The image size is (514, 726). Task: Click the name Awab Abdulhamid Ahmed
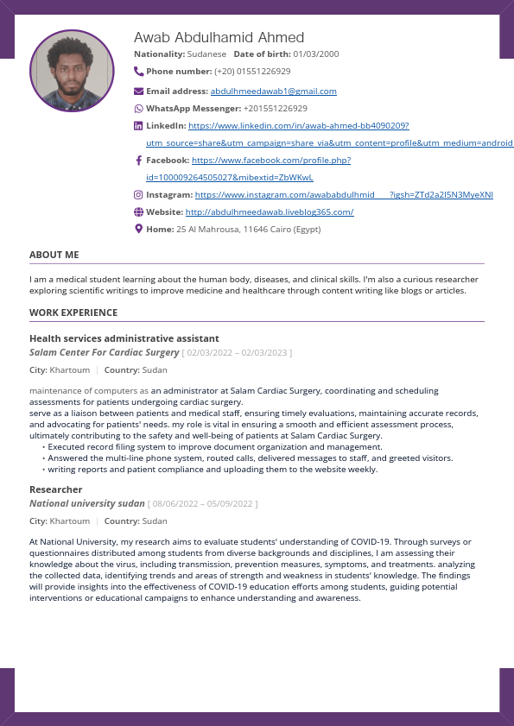219,37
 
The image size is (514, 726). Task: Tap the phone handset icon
139,71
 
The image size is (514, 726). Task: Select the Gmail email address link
273,91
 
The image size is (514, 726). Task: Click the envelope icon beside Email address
139,91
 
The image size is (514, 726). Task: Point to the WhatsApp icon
139,109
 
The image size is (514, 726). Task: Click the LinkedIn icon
139,126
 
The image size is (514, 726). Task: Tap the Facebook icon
139,161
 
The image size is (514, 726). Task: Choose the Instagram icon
139,195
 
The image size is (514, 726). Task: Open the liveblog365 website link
269,212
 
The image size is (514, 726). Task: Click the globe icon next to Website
139,212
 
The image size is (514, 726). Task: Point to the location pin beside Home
139,229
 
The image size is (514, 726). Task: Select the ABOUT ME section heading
54,256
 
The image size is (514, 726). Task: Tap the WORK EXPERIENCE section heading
73,312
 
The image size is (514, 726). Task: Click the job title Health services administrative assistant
124,338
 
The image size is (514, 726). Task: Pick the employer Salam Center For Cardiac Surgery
104,353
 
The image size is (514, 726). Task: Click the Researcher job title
55,489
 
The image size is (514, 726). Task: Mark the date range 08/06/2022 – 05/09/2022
203,504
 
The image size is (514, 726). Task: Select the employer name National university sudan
87,503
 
